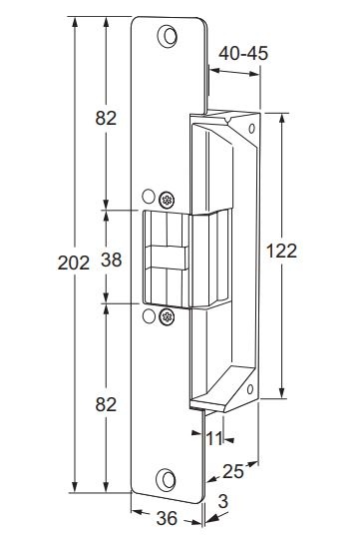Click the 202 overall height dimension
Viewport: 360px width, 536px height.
pyautogui.click(x=74, y=263)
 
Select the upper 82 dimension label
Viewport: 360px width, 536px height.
pyautogui.click(x=106, y=118)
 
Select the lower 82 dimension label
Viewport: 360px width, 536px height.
pyautogui.click(x=106, y=404)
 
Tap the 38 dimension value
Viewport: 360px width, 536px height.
pyautogui.click(x=112, y=260)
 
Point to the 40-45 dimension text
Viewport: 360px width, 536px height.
pyautogui.click(x=243, y=53)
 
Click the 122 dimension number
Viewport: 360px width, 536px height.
pyautogui.click(x=281, y=252)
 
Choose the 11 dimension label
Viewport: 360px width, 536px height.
pyautogui.click(x=214, y=438)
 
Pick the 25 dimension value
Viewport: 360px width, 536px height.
pyautogui.click(x=233, y=472)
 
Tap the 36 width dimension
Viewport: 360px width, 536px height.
pyautogui.click(x=167, y=518)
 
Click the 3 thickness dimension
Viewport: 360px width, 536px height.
pyautogui.click(x=222, y=502)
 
